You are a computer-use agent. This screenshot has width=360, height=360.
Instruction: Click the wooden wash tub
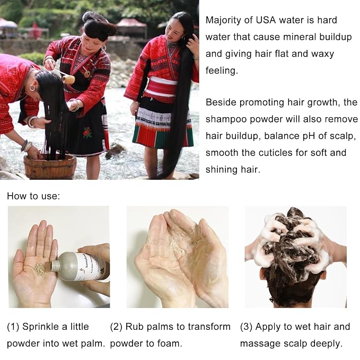click(x=50, y=166)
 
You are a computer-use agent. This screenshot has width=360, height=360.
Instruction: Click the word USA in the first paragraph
click(x=266, y=20)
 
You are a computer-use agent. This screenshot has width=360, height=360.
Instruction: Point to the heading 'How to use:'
click(x=33, y=196)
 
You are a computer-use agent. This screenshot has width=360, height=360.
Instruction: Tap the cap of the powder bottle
click(x=54, y=266)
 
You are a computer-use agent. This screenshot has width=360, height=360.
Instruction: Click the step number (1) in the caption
click(x=13, y=327)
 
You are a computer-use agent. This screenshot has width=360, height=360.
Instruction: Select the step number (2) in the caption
click(x=116, y=327)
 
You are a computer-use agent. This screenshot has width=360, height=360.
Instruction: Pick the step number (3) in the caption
click(x=247, y=327)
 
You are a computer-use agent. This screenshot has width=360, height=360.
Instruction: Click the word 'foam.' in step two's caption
click(x=170, y=344)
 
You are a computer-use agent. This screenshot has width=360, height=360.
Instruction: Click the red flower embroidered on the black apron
click(x=87, y=133)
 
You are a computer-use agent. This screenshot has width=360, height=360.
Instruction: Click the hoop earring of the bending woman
click(x=33, y=88)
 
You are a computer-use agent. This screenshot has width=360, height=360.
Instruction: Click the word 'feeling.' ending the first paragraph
click(x=222, y=71)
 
